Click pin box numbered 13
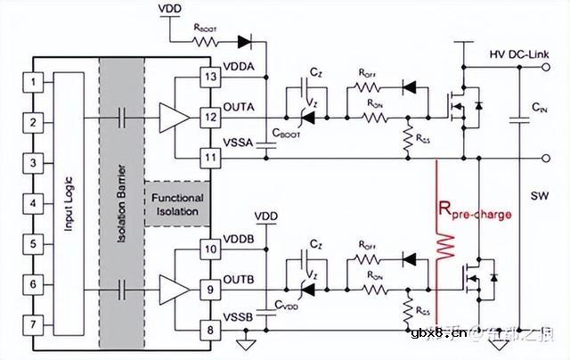[x=211, y=77]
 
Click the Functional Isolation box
[x=176, y=204]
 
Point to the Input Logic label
[x=69, y=204]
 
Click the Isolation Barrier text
[x=123, y=204]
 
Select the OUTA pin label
[x=241, y=108]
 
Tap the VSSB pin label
[x=241, y=317]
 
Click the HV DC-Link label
[x=525, y=55]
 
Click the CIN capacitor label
[x=538, y=107]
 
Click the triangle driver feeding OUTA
[x=174, y=117]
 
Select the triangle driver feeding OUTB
[x=174, y=288]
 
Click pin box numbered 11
[x=211, y=158]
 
